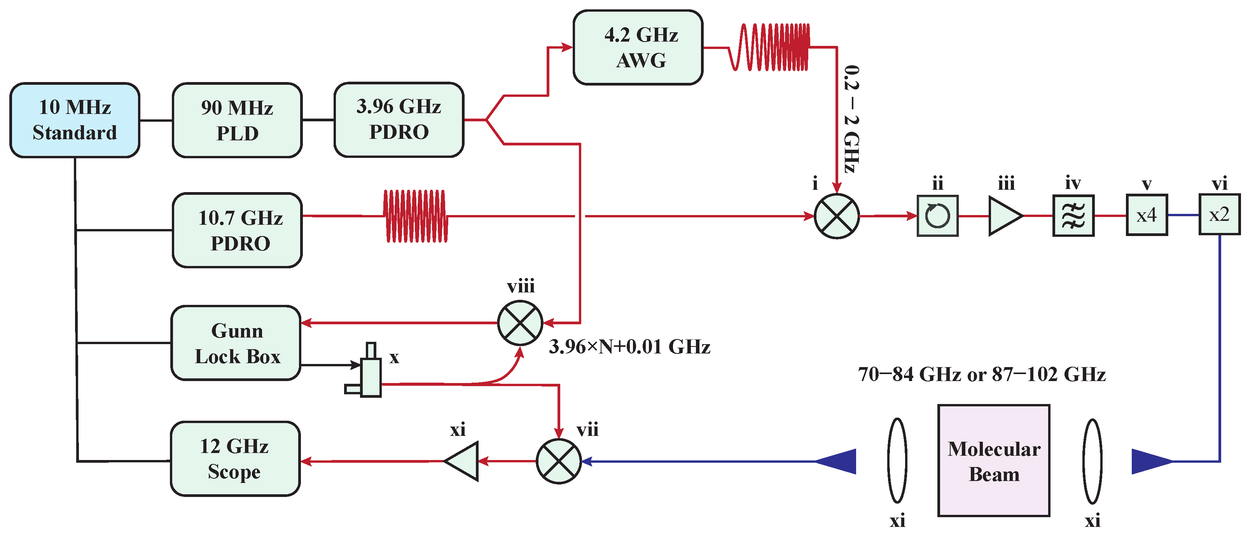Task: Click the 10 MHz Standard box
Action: tap(75, 120)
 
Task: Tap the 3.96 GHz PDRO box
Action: tap(399, 119)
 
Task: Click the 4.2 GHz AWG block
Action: tap(638, 47)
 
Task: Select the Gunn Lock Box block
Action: tap(236, 343)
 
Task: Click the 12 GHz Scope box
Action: tap(235, 458)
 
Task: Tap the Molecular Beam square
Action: tap(994, 460)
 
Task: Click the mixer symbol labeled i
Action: tap(837, 216)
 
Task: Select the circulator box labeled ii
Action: tap(937, 216)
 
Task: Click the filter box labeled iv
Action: tap(1073, 216)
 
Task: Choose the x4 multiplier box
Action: tap(1147, 215)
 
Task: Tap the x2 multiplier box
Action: tap(1219, 214)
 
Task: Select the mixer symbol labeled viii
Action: tap(520, 323)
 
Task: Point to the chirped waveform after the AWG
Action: tap(770, 47)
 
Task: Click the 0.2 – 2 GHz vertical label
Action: tap(851, 119)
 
